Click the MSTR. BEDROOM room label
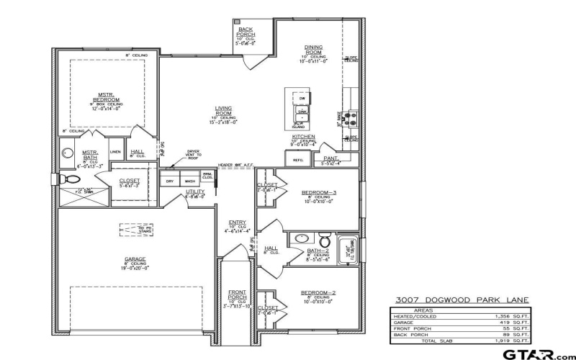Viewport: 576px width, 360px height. (109, 96)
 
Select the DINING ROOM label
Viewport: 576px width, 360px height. (313, 50)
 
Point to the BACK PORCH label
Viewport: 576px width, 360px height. (246, 32)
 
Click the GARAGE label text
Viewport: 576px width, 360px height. (135, 258)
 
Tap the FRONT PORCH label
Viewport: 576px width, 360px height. (238, 294)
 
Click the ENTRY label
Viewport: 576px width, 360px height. (238, 222)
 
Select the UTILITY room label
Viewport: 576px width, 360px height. (195, 192)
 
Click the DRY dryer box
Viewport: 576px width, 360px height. (170, 181)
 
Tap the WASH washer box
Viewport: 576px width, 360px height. (189, 181)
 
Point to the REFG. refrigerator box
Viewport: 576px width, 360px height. (298, 160)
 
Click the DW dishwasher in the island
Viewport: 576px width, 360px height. (302, 98)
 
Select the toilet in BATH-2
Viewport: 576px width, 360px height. (325, 240)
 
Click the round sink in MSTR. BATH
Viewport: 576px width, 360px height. (68, 153)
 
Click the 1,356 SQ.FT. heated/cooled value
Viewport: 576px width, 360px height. (516, 315)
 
